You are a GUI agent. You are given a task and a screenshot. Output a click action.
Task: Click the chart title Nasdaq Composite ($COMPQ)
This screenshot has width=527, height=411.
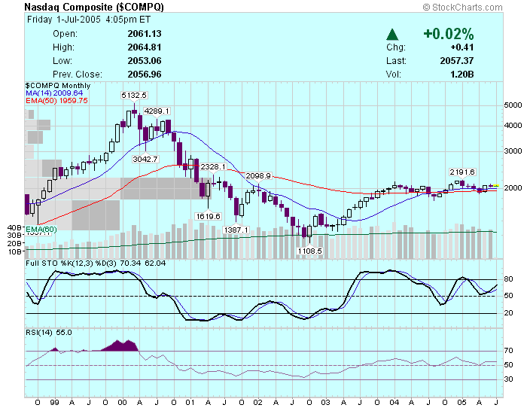pos(94,7)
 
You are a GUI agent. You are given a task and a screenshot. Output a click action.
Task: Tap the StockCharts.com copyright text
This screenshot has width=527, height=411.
pos(471,7)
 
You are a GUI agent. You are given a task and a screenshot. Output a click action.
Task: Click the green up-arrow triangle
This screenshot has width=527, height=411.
pos(392,34)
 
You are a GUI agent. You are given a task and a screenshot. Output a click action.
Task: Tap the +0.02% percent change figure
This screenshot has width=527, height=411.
pos(449,34)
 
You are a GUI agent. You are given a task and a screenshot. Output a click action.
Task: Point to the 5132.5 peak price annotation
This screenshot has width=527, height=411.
pos(135,95)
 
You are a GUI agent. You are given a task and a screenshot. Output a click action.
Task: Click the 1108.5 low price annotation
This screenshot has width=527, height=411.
pos(309,251)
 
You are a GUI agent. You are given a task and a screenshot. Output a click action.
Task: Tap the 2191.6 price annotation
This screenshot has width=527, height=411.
pos(462,172)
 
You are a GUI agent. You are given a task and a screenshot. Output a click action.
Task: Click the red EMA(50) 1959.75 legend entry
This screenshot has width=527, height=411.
pos(57,100)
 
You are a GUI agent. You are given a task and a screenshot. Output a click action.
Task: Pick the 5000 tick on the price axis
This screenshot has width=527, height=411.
pos(513,105)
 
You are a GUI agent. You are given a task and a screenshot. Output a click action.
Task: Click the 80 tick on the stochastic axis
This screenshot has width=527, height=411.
pos(508,279)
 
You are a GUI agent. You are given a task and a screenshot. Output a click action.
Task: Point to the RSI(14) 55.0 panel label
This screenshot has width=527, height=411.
pos(49,332)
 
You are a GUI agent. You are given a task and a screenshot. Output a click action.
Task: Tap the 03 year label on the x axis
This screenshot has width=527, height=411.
pos(325,403)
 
